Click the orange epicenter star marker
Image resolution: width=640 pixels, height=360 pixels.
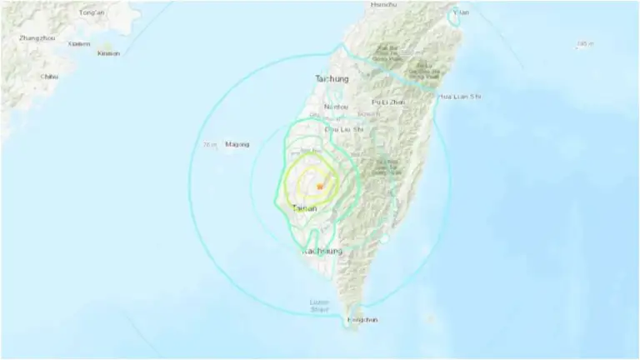pyautogui.click(x=318, y=187)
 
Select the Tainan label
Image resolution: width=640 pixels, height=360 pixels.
pyautogui.click(x=305, y=208)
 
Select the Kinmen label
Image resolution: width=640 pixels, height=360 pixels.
pyautogui.click(x=109, y=53)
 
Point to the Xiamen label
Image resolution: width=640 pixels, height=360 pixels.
pyautogui.click(x=79, y=44)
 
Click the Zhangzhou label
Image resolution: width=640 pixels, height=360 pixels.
pyautogui.click(x=37, y=37)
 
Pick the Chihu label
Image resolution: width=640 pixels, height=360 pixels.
pyautogui.click(x=50, y=77)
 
